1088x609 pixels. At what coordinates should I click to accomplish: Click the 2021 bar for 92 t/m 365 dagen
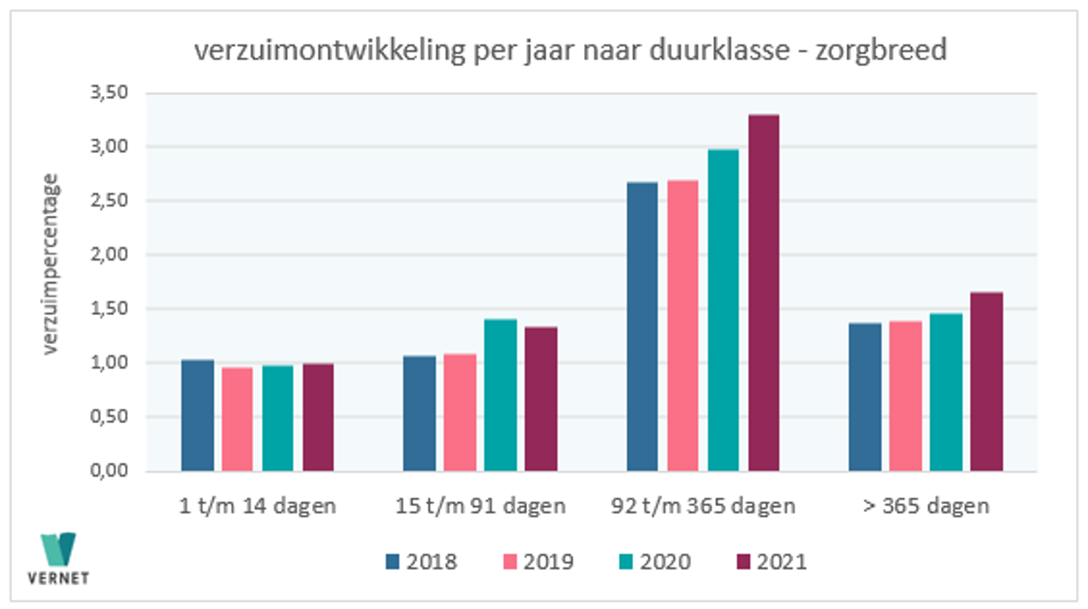pos(762,293)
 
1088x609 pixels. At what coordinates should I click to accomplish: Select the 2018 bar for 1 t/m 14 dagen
pos(198,415)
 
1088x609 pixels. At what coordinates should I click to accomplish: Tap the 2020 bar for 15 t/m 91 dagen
pos(501,395)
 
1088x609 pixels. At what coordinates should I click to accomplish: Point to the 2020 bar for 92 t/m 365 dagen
pos(722,310)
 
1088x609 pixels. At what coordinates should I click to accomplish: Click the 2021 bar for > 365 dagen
pos(986,381)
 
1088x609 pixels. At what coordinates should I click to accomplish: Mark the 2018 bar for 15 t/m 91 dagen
pos(420,413)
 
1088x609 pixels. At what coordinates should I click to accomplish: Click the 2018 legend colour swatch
pos(393,561)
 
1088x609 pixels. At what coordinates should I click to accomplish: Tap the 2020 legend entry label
pos(666,561)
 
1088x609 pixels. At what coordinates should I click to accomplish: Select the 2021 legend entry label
pos(783,561)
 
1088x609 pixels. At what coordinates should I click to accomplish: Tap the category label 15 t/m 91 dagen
pos(480,506)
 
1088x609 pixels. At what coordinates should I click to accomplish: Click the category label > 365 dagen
pos(926,506)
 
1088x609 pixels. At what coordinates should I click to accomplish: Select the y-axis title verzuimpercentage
pos(52,263)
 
